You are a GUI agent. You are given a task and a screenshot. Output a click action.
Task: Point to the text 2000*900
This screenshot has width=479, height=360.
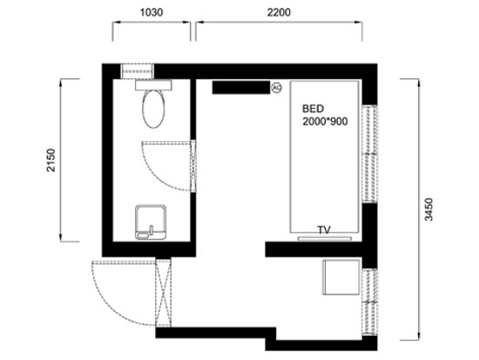point(325,123)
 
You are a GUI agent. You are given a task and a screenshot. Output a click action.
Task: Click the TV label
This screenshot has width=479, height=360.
point(324,229)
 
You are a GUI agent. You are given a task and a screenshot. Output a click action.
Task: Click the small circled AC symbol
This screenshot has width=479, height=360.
point(278,87)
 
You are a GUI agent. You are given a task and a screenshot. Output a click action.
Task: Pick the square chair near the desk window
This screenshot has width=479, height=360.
point(341,278)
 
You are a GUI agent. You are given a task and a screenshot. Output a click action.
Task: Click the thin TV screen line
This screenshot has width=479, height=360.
point(324,235)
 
